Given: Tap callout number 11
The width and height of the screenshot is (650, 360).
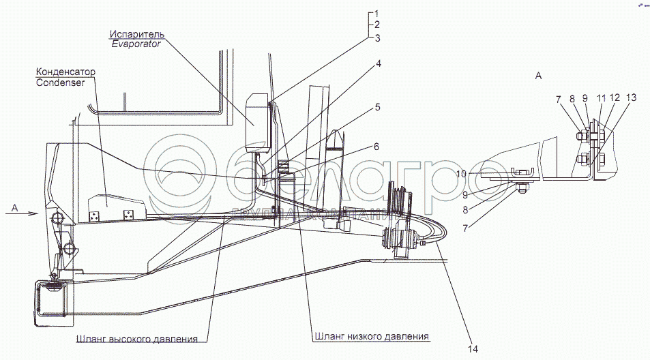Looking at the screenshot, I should coord(601,99).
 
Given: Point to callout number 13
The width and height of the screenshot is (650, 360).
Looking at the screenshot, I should coord(632,99).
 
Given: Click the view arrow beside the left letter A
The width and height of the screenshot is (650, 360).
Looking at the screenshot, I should coord(29,213).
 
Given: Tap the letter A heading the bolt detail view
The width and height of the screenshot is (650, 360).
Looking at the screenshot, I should coord(538,77).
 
